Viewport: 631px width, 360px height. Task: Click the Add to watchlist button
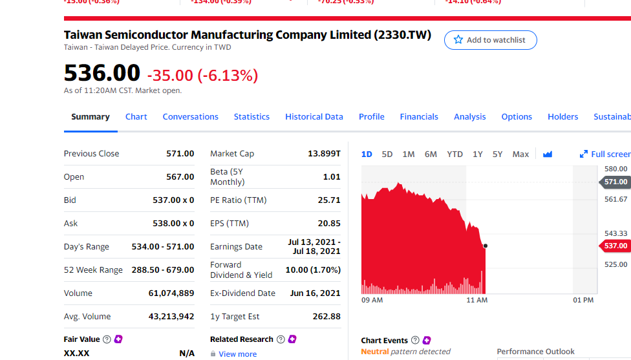point(490,40)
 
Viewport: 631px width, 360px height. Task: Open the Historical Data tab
point(314,117)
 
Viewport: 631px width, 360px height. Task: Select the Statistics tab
point(251,117)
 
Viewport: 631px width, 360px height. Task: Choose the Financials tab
point(419,117)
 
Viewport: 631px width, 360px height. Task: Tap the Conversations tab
point(190,117)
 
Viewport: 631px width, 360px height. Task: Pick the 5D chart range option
point(387,154)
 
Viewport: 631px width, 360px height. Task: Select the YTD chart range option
point(455,154)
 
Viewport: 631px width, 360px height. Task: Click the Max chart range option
point(520,154)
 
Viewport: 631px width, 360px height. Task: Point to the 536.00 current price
point(102,72)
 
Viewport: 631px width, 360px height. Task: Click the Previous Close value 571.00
point(180,154)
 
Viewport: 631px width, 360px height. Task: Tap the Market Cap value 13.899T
point(324,154)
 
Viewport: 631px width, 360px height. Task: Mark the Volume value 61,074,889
point(171,293)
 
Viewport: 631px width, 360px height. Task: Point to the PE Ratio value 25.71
point(329,200)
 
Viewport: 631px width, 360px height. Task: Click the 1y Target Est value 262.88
point(326,317)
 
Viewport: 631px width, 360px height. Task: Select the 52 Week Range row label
point(93,270)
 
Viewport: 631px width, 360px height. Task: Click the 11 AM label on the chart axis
point(477,301)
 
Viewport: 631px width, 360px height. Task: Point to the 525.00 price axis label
point(615,264)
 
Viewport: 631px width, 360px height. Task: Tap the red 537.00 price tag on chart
point(615,246)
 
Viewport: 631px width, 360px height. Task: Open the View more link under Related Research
point(237,354)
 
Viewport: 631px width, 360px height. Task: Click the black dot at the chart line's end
point(486,246)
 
